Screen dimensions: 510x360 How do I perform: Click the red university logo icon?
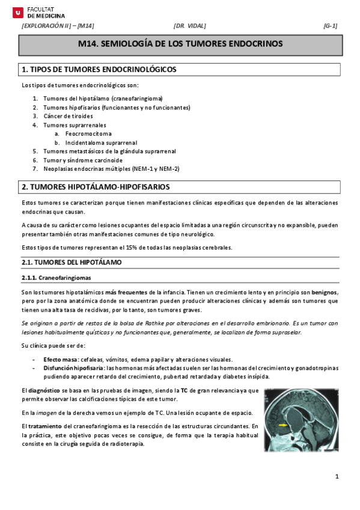pos(17,11)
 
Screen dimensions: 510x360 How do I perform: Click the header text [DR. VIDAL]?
pos(189,26)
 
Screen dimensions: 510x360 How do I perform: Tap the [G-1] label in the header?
pos(330,26)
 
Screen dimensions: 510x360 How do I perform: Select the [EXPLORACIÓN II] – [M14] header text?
pos(58,26)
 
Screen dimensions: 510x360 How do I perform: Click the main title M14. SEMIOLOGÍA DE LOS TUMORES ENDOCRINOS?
pos(180,45)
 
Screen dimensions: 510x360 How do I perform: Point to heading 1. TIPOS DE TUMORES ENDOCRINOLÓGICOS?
pos(99,70)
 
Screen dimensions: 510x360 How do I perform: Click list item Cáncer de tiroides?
pos(68,116)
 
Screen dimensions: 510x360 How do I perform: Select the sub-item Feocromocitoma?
pos(88,134)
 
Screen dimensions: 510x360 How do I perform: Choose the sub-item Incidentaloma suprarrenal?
pos(101,143)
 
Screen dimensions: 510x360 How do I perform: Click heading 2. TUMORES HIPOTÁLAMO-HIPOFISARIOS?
pos(96,187)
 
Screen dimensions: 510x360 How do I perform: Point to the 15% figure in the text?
pos(153,247)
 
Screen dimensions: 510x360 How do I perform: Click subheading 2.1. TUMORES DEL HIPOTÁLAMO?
pos(72,263)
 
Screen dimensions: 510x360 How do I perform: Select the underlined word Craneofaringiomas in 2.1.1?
pos(64,278)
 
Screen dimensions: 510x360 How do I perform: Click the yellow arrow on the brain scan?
pos(282,425)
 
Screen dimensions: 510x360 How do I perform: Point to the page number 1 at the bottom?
pos(338,477)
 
